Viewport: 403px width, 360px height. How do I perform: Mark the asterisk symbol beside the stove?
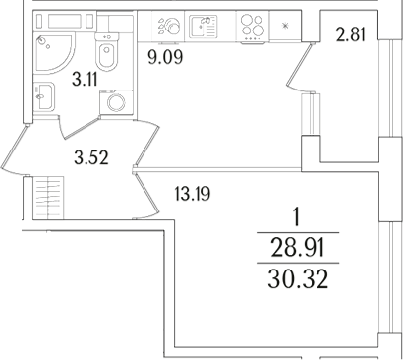(285, 26)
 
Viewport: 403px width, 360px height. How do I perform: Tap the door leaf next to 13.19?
(146, 192)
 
